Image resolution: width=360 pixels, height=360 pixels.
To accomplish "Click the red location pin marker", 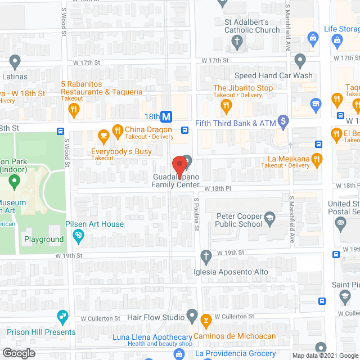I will point(179,165).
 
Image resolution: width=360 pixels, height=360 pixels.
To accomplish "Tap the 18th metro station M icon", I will point(166,117).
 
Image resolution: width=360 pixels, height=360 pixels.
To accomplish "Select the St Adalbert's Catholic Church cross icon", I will point(237,42).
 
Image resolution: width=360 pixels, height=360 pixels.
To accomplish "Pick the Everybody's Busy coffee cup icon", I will point(103,136).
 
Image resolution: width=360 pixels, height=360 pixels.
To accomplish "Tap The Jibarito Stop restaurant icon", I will point(226,104).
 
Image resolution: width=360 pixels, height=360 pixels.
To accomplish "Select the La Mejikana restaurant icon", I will point(317,159).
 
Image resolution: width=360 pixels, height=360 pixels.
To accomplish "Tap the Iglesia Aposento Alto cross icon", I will point(206,256).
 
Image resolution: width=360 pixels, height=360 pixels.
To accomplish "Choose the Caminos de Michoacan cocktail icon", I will point(206,321).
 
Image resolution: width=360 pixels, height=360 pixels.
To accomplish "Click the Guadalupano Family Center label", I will point(175,180).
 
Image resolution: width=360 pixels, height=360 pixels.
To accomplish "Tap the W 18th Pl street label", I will point(218,188).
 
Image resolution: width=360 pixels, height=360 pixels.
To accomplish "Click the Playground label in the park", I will point(44,239).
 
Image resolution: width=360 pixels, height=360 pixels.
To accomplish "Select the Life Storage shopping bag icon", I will point(313,38).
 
